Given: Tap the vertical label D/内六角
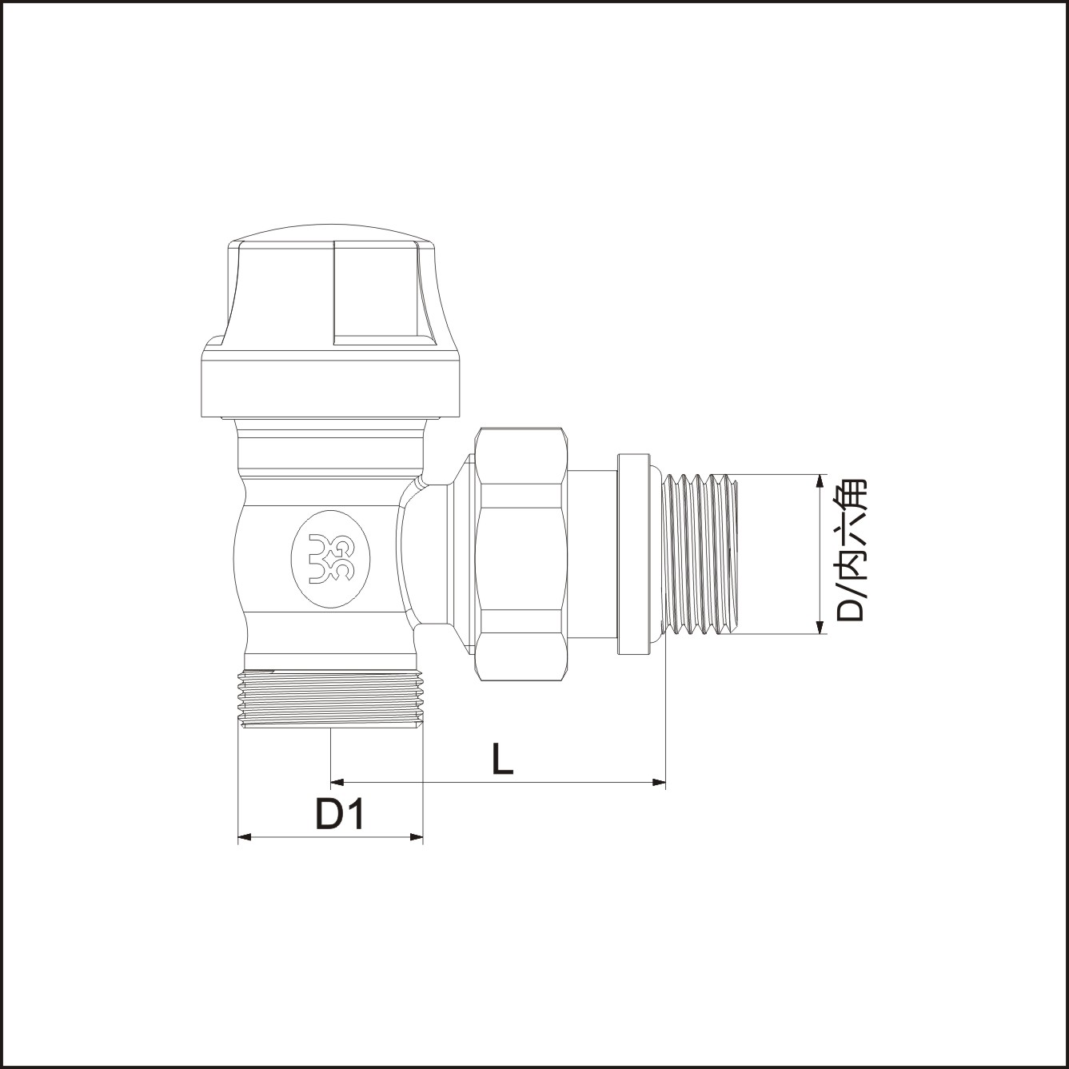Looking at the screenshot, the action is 851,550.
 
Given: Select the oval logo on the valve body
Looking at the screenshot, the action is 331,559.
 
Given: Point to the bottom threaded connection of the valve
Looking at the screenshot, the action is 331,699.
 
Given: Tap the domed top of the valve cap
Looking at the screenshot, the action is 332,233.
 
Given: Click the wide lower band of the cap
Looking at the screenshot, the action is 331,389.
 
